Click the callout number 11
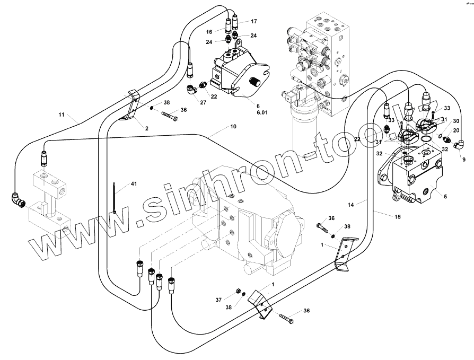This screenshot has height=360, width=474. click(61, 115)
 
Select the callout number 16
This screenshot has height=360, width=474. click(209, 32)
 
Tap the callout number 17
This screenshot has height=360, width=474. click(253, 22)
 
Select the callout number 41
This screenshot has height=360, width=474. click(134, 183)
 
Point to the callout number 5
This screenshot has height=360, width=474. click(445, 197)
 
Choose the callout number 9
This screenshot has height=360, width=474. click(464, 159)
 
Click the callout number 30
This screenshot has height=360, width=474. click(455, 121)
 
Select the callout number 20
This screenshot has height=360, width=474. click(455, 130)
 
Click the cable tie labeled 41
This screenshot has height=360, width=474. click(115, 198)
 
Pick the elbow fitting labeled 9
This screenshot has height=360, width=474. click(459, 143)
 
